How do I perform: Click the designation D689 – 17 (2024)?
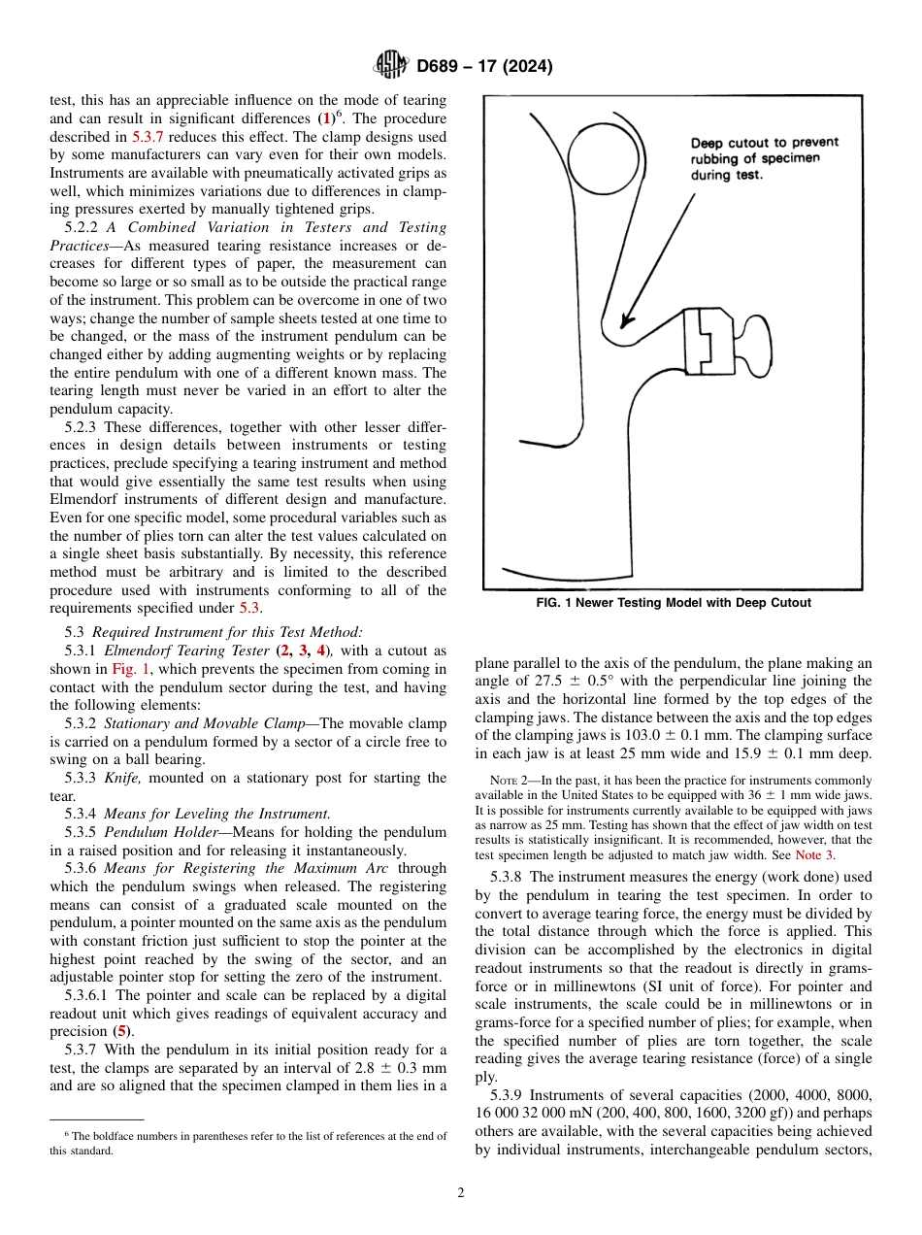point(484,67)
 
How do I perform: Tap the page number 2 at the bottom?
point(460,1193)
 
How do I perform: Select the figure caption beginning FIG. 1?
point(673,603)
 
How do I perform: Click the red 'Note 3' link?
point(813,854)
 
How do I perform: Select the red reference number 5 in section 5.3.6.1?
point(122,1031)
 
